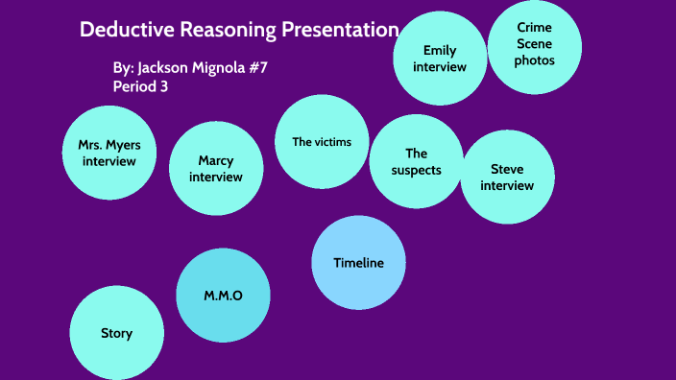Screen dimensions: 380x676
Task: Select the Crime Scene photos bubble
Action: coord(535,46)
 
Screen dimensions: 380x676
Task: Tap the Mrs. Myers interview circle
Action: coord(109,154)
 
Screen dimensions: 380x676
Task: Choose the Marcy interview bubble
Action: coord(216,169)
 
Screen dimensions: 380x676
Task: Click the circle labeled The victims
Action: coord(322,142)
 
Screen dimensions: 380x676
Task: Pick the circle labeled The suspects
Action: coord(416,161)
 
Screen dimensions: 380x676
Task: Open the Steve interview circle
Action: coord(507,177)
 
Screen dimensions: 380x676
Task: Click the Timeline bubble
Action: coord(358,263)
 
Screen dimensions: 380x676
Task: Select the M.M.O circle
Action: coord(223,296)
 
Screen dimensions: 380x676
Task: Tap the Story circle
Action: coord(116,333)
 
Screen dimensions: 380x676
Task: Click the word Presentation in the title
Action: coord(339,30)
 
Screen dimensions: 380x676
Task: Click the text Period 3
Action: coord(142,85)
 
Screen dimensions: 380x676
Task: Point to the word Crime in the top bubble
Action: coord(534,29)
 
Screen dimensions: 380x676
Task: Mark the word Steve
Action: coord(507,169)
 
